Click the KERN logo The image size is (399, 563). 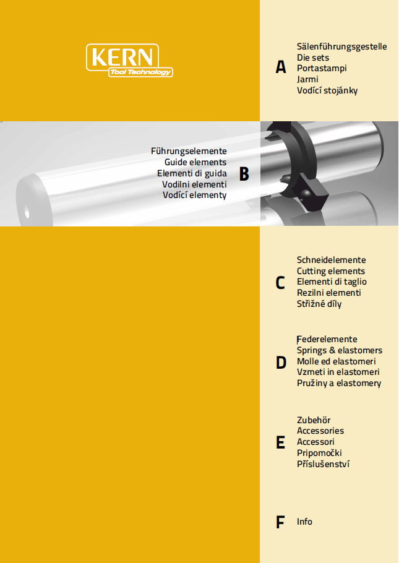[x=129, y=61]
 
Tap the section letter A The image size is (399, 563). [x=281, y=67]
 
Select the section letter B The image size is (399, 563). [x=244, y=174]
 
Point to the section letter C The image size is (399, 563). [x=280, y=283]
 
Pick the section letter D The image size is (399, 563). [x=281, y=363]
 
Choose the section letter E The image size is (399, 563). [x=280, y=442]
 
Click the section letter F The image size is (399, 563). [x=280, y=522]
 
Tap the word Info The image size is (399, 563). [x=304, y=522]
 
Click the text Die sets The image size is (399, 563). [x=313, y=58]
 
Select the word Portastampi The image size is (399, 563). [x=322, y=68]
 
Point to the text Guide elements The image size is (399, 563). [x=195, y=162]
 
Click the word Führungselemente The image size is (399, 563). [x=189, y=151]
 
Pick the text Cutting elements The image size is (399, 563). [x=331, y=271]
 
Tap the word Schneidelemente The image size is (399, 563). [x=332, y=260]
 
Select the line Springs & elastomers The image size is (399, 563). [x=340, y=350]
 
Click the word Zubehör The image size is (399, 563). [x=314, y=419]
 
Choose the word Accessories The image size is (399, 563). [x=320, y=431]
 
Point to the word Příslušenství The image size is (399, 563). [x=324, y=464]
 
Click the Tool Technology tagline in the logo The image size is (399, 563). [x=140, y=72]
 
